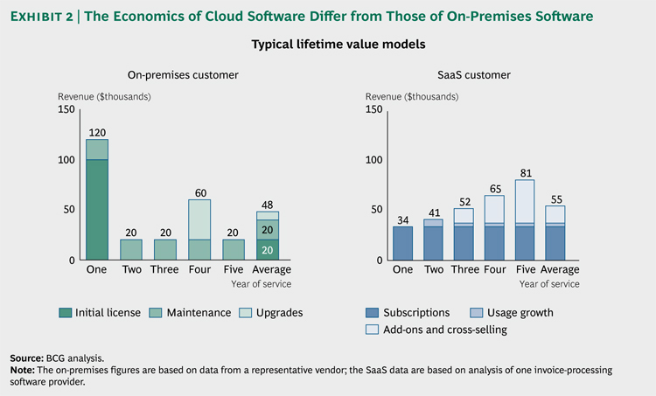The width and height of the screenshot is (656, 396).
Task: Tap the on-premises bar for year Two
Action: coord(130,249)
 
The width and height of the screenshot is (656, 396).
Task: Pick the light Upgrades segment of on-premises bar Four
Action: coord(200,219)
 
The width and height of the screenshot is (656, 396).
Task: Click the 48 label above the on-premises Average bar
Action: coord(269,204)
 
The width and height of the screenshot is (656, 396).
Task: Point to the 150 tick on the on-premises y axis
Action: coord(66,109)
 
